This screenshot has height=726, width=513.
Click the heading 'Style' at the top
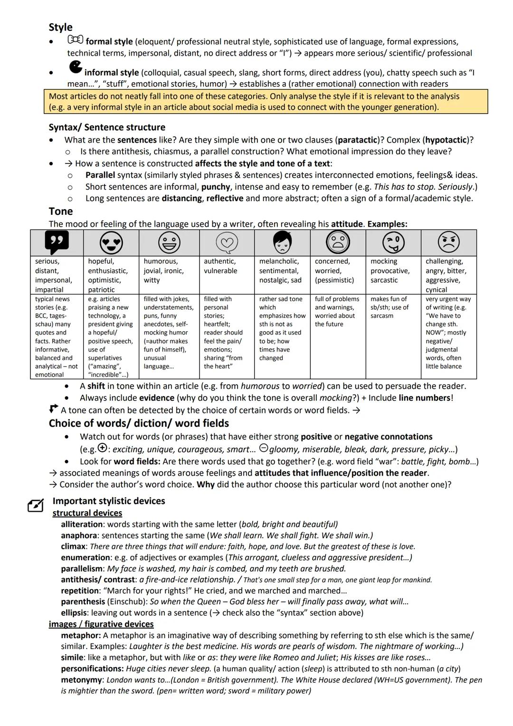click(60, 28)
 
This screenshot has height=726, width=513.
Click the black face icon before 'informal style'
click(75, 67)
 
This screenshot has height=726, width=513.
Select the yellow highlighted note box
click(266, 102)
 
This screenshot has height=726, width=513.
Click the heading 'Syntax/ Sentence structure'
click(107, 127)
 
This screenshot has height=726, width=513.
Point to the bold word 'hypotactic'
click(446, 140)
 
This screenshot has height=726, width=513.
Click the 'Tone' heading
click(61, 211)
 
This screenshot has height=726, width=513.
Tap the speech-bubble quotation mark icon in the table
click(57, 242)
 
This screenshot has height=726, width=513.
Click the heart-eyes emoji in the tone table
click(111, 243)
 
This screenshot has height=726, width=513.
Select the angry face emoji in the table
click(448, 243)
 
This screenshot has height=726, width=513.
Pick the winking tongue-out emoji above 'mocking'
click(393, 243)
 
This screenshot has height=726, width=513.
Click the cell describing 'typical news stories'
click(57, 336)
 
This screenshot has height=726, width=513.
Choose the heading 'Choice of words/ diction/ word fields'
click(139, 423)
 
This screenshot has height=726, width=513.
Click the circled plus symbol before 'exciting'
click(102, 448)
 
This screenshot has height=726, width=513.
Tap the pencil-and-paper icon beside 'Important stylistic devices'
click(36, 506)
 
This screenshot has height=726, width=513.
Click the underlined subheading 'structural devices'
click(87, 513)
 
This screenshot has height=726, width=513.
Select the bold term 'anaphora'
click(79, 535)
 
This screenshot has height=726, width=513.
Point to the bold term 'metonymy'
click(81, 680)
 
